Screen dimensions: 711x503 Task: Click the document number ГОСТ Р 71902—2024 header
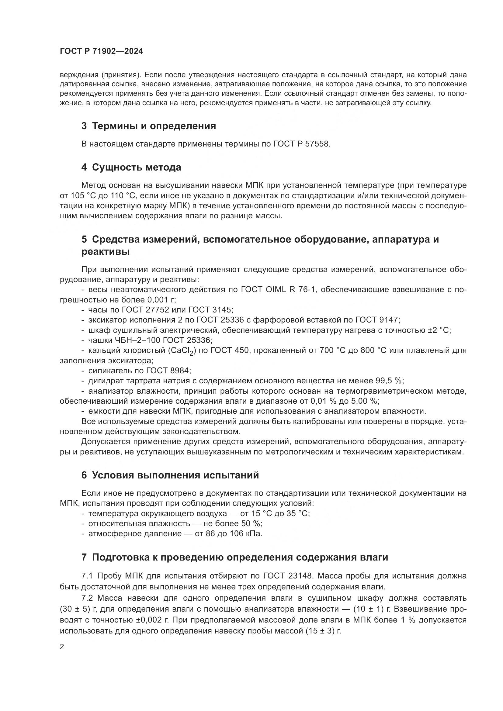point(101,51)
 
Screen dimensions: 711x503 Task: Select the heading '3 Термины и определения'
point(149,126)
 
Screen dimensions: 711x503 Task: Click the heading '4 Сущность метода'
point(131,167)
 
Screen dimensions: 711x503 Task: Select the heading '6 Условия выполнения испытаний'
point(170,475)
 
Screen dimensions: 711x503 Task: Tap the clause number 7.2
point(88,598)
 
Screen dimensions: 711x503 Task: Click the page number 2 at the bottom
point(62,647)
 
